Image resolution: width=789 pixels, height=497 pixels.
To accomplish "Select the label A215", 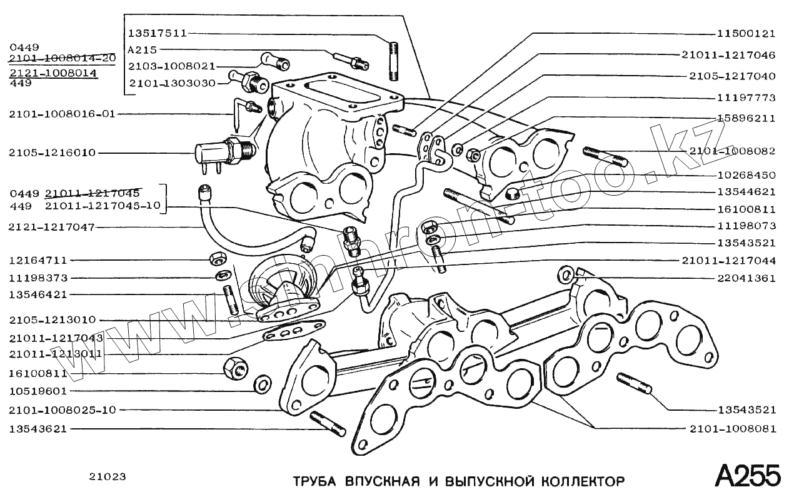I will pos(142,49).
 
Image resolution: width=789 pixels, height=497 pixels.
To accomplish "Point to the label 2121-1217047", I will pos(42,227).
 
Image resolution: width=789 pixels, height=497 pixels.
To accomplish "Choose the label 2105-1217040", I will pos(732,76).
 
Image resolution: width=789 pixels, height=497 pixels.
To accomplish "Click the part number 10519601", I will pos(38,391).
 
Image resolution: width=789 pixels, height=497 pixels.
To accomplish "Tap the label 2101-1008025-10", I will pos(63,410).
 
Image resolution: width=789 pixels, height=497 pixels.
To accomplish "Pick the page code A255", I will pos(748,477).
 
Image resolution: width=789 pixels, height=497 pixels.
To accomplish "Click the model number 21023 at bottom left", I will pos(107,477).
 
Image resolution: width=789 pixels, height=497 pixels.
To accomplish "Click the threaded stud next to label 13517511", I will pos(393,61).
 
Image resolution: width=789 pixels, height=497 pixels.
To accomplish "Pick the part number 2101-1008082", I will pos(732,151).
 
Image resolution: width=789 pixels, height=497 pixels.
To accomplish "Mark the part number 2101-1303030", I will pos(172,83).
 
